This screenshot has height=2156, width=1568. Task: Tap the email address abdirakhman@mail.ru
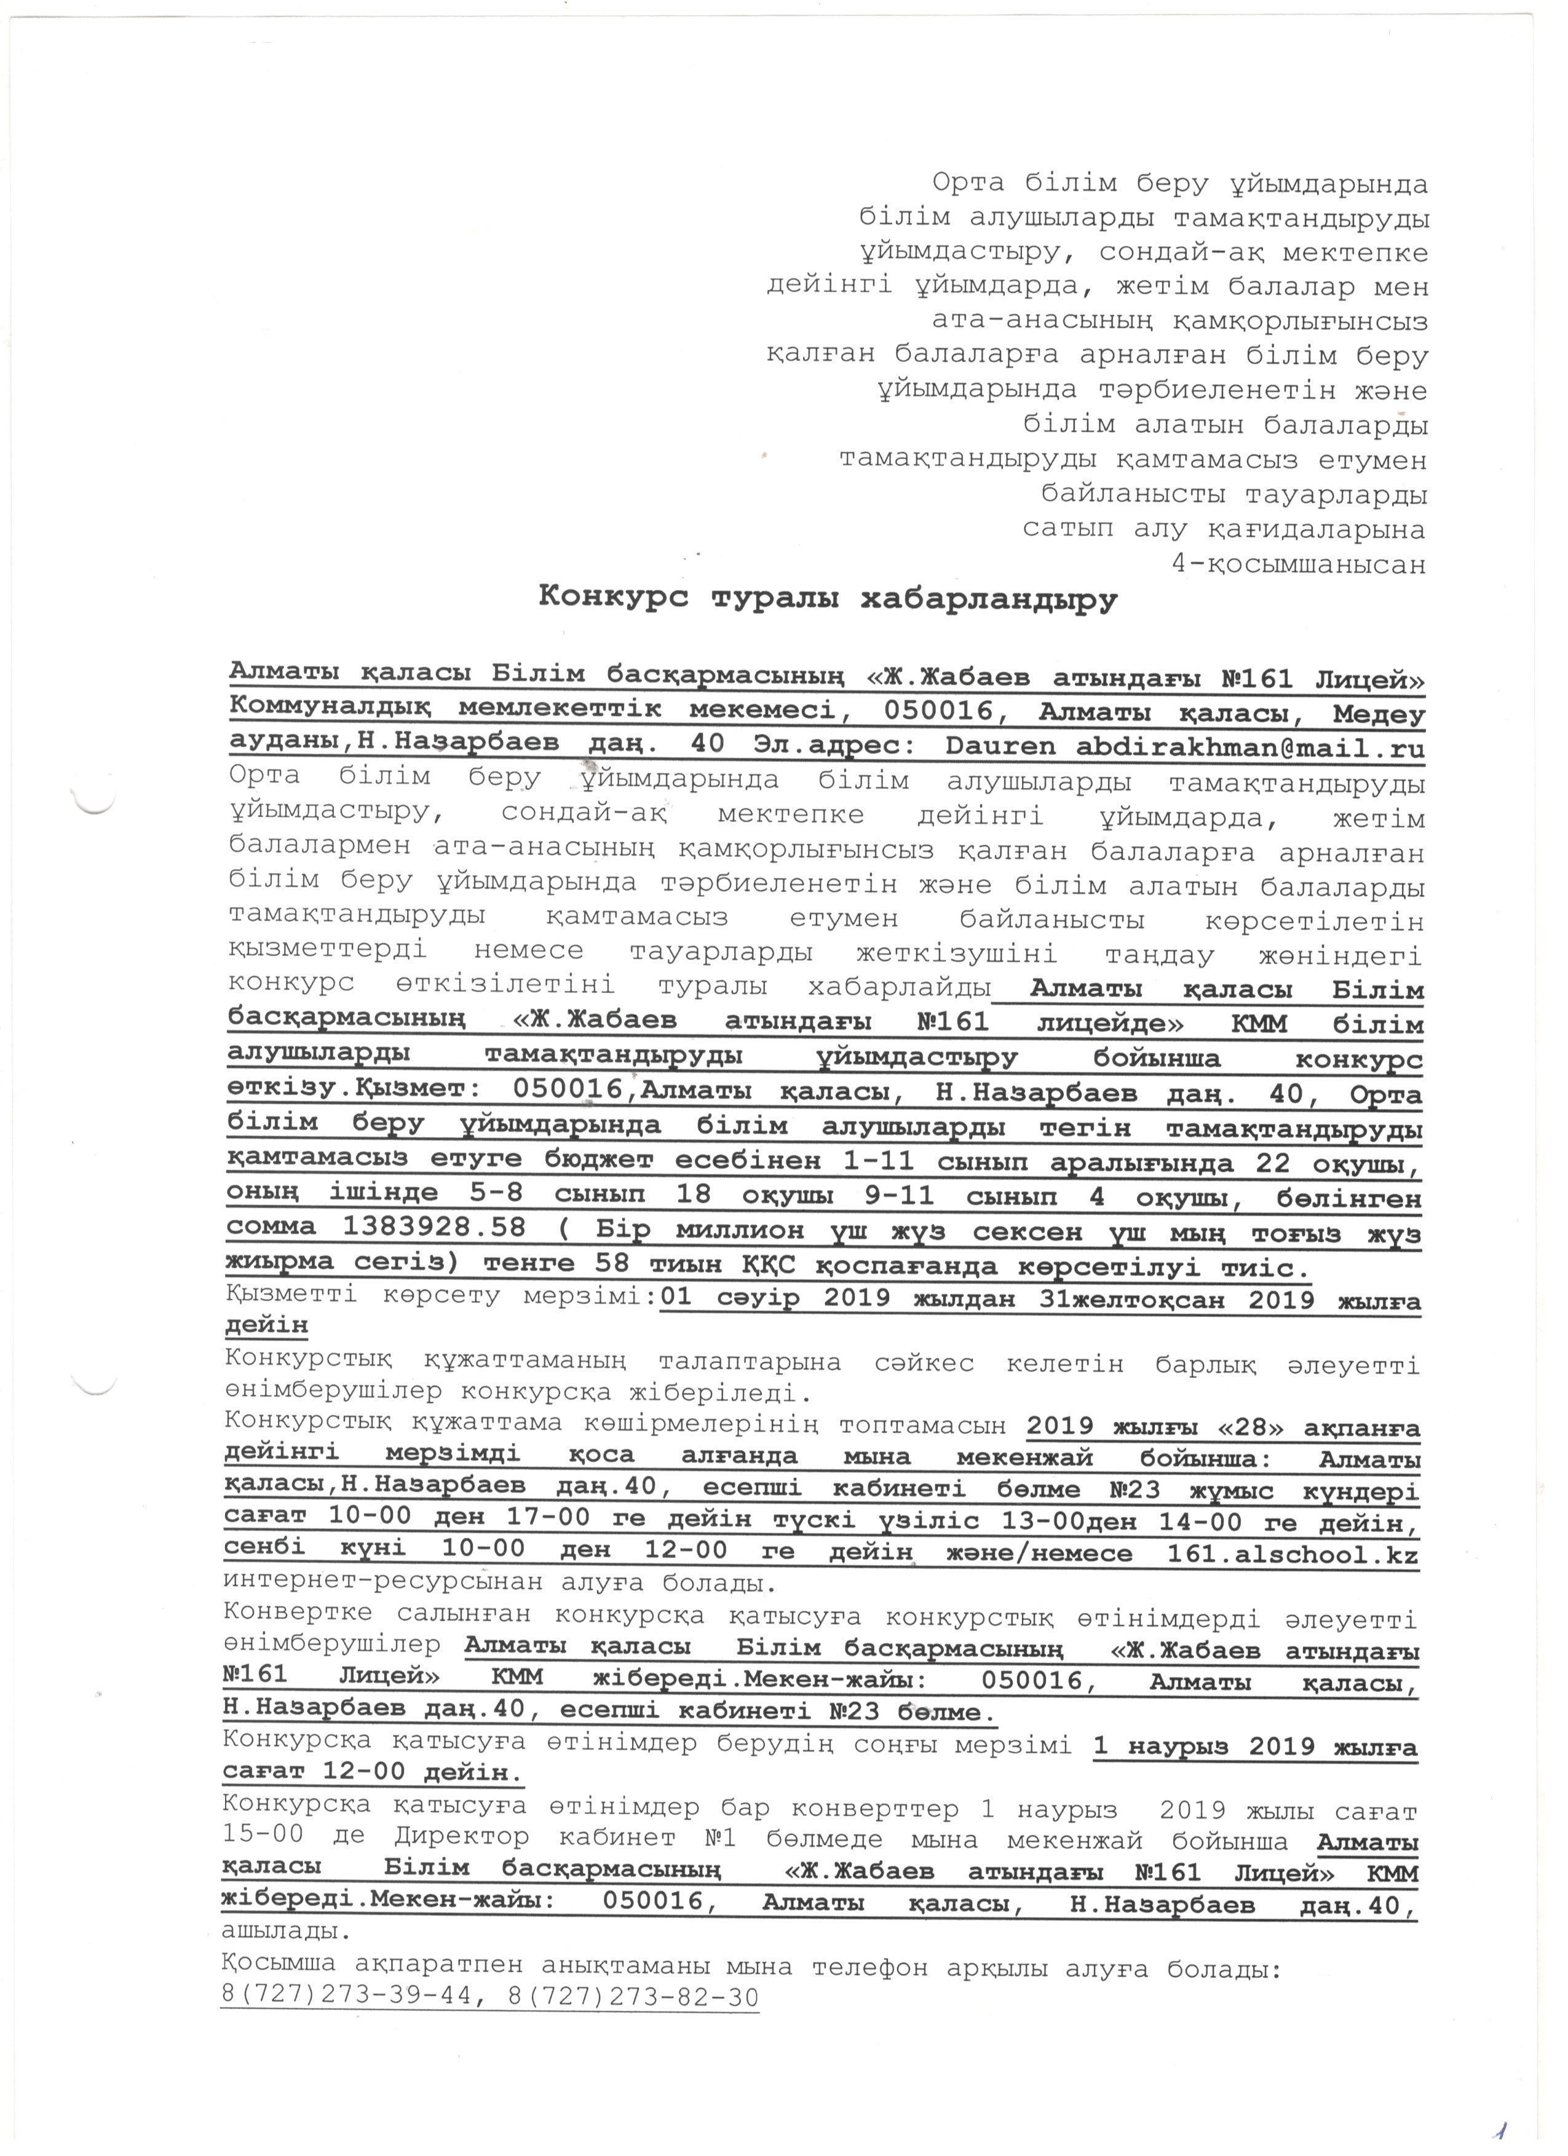[x=1251, y=746]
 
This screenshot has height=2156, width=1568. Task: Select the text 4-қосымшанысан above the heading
[x=1299, y=564]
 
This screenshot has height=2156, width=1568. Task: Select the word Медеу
[x=1379, y=713]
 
